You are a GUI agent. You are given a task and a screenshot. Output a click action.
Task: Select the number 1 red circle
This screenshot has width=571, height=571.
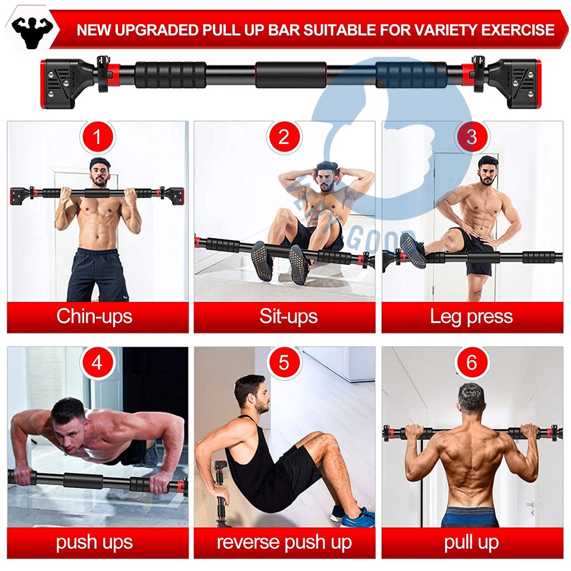pyautogui.click(x=98, y=137)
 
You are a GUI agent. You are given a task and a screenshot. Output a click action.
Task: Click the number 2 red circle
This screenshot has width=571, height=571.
pyautogui.click(x=284, y=137)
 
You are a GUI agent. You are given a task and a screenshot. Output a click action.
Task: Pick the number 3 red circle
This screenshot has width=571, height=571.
pyautogui.click(x=472, y=137)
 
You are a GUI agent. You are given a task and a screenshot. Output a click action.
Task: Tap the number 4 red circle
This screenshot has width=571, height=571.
pyautogui.click(x=98, y=364)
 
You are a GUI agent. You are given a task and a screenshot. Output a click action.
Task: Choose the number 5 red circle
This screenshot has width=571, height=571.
pyautogui.click(x=284, y=364)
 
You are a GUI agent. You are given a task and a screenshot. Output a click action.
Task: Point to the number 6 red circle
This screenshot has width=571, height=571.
pyautogui.click(x=472, y=364)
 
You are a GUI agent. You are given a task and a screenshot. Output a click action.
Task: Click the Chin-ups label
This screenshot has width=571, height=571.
pyautogui.click(x=94, y=317)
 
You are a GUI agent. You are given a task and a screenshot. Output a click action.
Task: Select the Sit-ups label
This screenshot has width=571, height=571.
pyautogui.click(x=288, y=317)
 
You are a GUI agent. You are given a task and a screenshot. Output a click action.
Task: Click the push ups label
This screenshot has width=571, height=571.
pyautogui.click(x=94, y=542)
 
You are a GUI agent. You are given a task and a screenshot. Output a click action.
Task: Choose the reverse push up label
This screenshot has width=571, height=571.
pyautogui.click(x=284, y=542)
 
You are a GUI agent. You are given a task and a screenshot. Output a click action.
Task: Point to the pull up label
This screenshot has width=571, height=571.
pyautogui.click(x=472, y=542)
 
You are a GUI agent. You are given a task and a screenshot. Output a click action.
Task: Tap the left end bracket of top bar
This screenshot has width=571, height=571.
pyautogui.click(x=61, y=83)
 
